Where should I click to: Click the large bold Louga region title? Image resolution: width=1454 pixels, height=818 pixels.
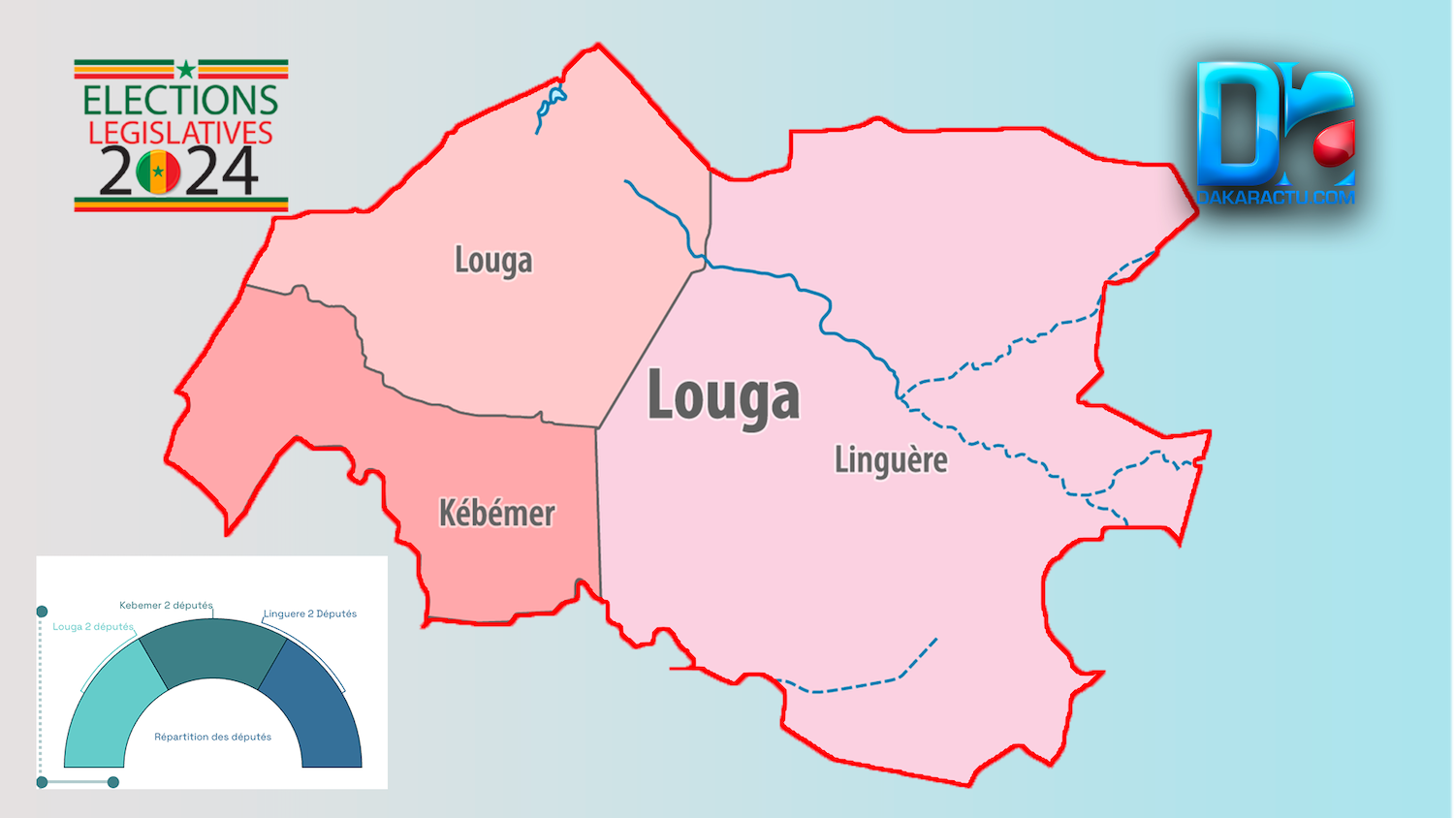point(723,396)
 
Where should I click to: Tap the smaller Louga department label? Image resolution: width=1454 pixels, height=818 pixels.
point(493,261)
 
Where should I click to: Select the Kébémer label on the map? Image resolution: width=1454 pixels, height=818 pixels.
point(496,513)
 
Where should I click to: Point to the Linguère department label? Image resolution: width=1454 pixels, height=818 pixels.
point(891,459)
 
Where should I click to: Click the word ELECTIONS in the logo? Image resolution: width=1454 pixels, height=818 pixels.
point(180,100)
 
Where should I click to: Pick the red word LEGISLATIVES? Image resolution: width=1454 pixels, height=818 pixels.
point(180,133)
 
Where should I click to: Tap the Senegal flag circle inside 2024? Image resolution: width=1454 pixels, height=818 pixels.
point(158,172)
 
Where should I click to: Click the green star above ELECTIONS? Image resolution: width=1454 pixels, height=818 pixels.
point(185,69)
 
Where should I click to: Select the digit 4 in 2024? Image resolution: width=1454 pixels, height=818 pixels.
point(236,172)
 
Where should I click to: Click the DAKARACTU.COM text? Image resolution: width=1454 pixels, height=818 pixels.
point(1275,197)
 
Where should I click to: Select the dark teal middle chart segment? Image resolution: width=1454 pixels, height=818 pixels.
point(212,649)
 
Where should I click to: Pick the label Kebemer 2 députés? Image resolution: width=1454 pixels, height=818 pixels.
point(166,605)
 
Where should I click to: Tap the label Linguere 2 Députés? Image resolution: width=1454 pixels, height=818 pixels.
point(310,613)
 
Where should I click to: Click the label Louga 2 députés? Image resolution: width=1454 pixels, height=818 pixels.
point(93,626)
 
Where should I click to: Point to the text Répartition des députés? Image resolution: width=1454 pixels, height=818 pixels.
point(212,737)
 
